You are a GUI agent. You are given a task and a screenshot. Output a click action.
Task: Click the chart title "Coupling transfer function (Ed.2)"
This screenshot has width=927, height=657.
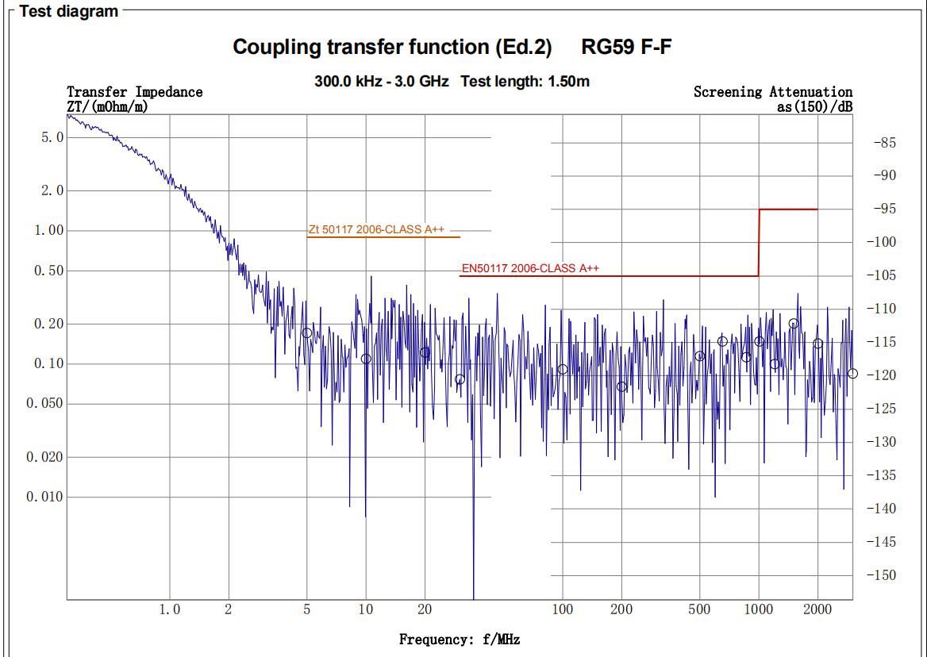(392, 47)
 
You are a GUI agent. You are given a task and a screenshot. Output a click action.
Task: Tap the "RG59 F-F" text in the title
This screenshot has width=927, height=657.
(626, 47)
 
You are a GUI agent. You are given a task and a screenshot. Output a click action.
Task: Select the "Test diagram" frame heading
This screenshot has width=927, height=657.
(69, 11)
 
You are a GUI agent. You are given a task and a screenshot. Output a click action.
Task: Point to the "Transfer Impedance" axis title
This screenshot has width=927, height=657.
(134, 92)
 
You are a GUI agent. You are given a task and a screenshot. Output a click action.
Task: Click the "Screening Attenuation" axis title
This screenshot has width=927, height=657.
(772, 92)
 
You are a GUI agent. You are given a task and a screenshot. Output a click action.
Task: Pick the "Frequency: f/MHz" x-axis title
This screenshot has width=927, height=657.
(459, 640)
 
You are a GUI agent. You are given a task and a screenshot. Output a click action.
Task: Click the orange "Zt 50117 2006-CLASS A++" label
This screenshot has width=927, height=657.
(376, 229)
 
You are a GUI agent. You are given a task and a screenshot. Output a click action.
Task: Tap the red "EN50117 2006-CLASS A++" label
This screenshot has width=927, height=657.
(530, 268)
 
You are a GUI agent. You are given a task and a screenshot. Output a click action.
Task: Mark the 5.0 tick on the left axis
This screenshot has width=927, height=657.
(53, 137)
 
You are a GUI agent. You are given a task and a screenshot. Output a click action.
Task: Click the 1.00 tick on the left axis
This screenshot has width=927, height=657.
(50, 230)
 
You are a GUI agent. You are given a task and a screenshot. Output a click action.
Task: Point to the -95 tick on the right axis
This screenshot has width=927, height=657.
(885, 209)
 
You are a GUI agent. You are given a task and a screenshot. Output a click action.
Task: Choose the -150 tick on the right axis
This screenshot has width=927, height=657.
(885, 574)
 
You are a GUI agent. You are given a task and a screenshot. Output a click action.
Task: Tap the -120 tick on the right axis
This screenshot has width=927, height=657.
(885, 375)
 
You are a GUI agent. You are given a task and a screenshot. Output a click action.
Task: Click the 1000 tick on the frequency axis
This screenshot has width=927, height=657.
(759, 609)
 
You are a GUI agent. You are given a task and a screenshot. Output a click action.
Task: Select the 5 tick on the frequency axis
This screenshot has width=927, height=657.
(307, 609)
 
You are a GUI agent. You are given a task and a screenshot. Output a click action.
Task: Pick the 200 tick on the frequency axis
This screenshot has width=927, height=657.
(621, 609)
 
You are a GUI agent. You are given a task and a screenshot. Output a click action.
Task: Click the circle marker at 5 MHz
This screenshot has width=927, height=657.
(307, 333)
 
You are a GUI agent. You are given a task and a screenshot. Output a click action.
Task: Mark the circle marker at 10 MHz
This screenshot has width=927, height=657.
(366, 359)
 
